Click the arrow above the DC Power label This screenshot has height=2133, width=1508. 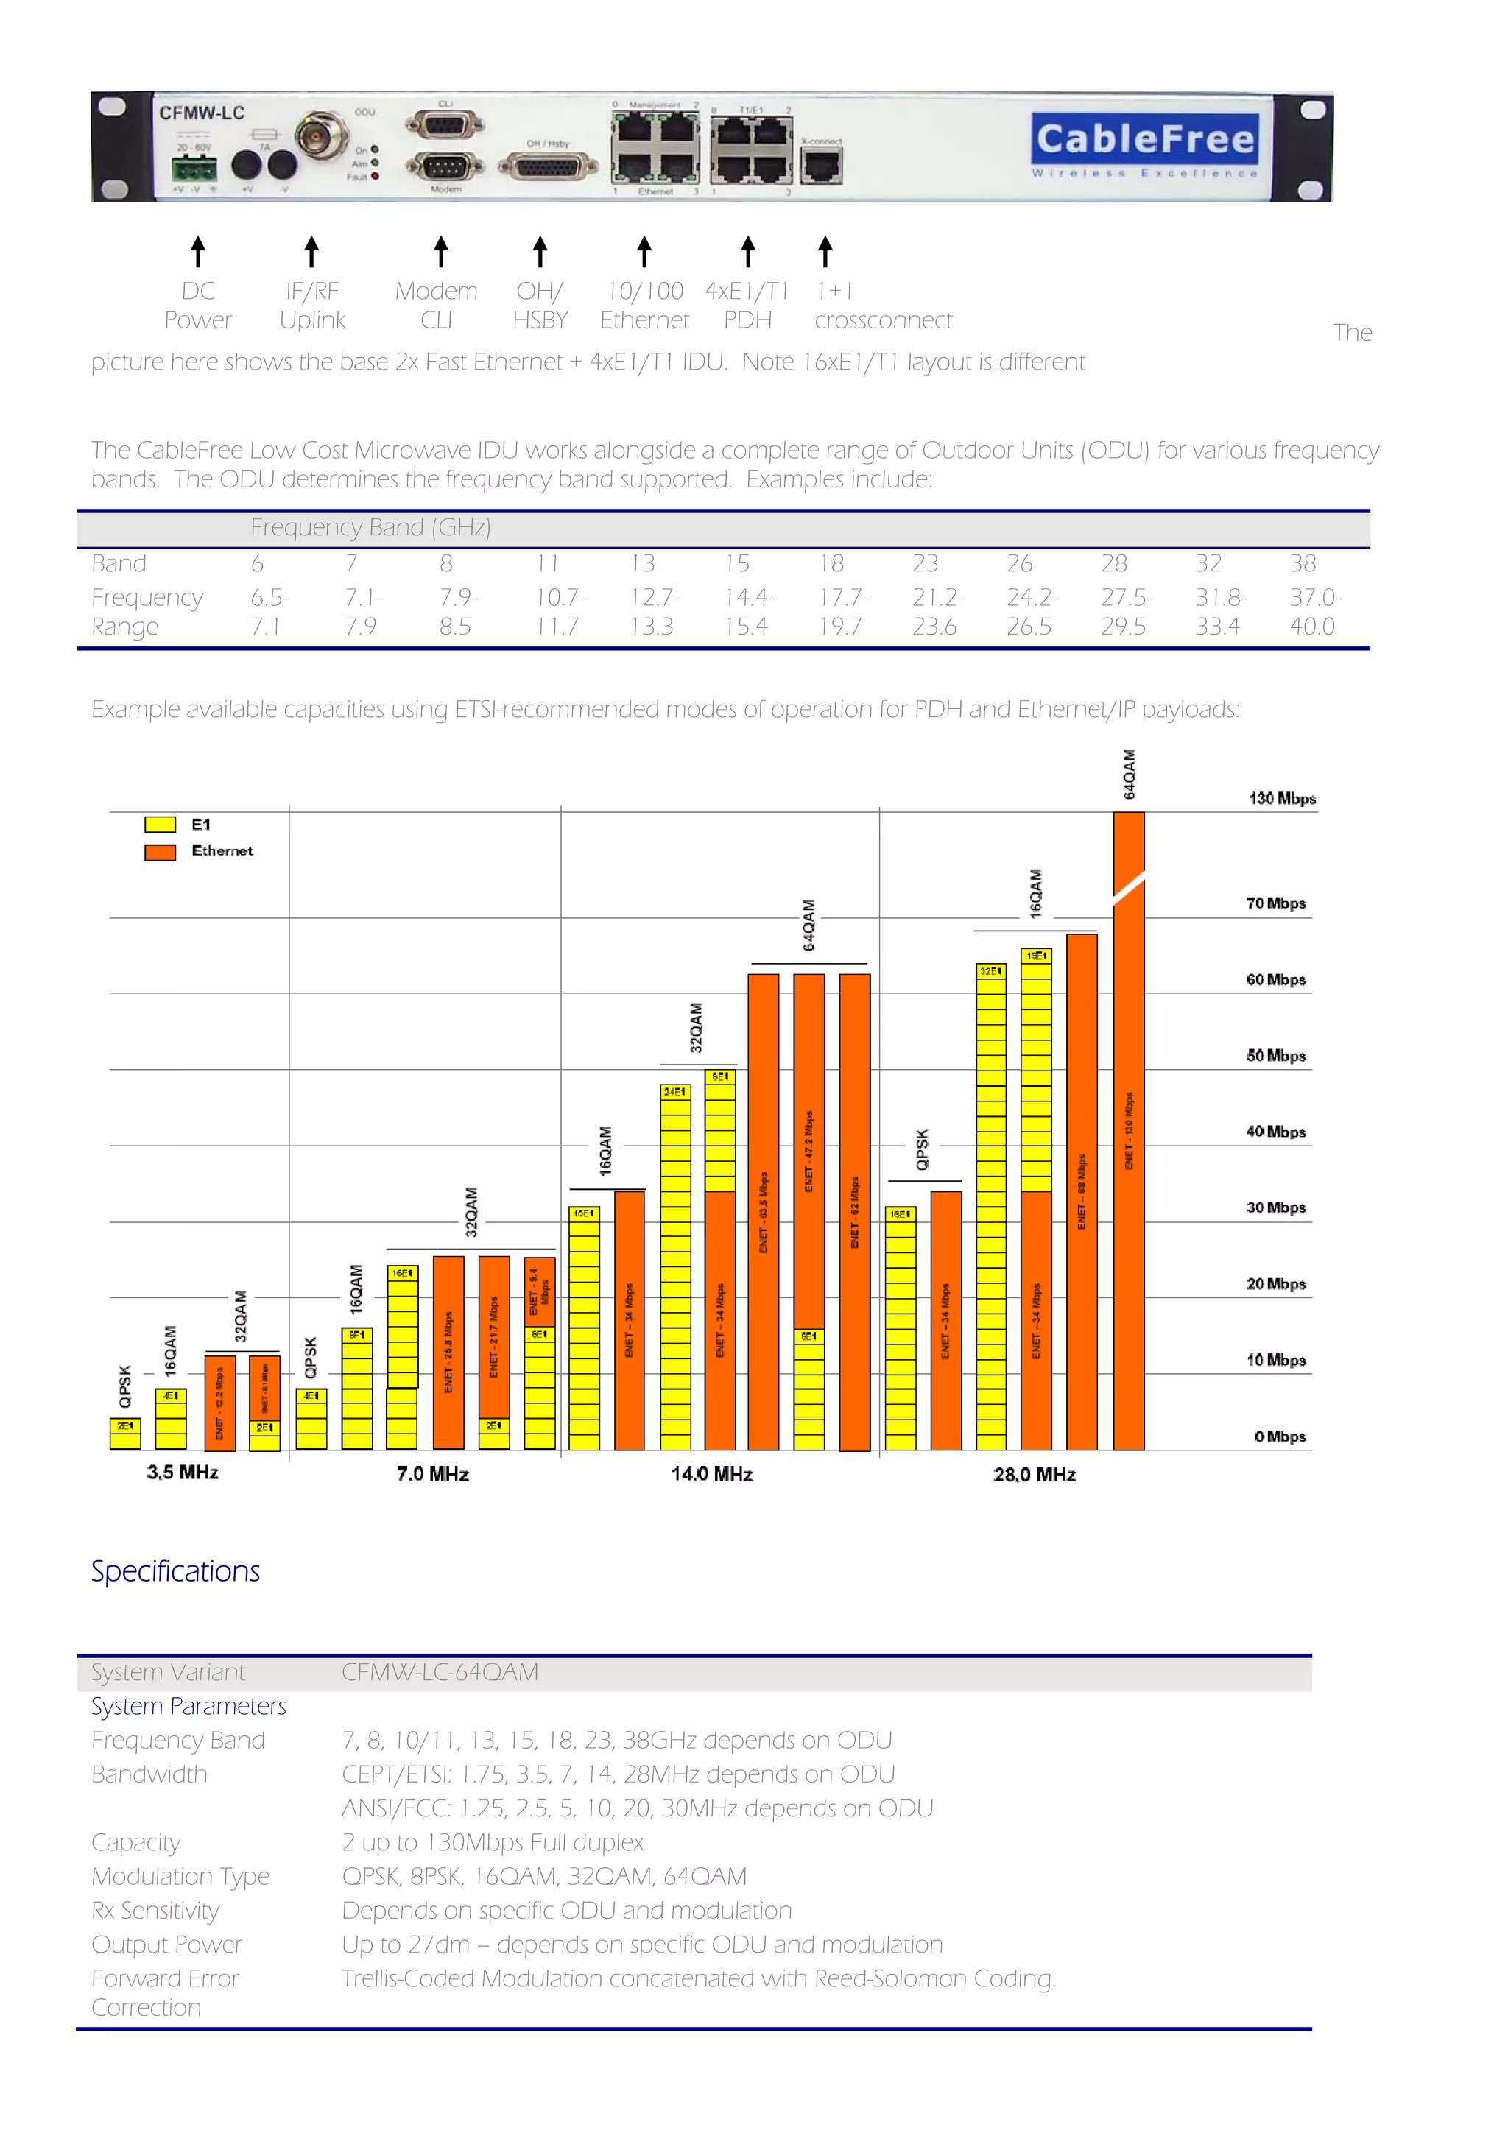(x=198, y=251)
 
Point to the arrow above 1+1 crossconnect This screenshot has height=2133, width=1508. (x=825, y=251)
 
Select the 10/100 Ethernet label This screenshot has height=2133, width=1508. (x=645, y=306)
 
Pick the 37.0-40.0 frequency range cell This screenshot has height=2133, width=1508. (x=1314, y=611)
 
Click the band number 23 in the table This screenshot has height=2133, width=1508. (x=925, y=564)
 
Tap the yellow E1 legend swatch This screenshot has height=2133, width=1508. (x=160, y=825)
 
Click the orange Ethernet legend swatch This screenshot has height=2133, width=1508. (x=160, y=852)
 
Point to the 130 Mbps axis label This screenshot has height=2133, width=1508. (x=1281, y=799)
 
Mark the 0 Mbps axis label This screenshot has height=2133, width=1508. (x=1280, y=1436)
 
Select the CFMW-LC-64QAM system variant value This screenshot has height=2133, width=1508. (x=440, y=1672)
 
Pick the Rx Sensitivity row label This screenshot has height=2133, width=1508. (x=155, y=1911)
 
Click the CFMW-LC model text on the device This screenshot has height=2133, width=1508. (x=202, y=113)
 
